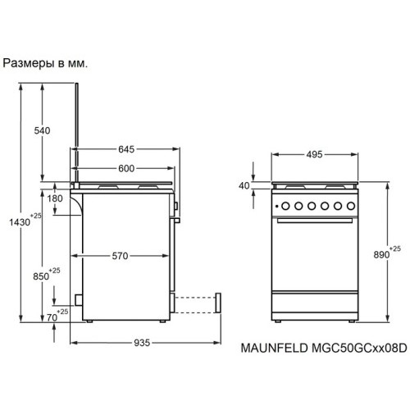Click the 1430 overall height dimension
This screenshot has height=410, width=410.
pyautogui.click(x=20, y=222)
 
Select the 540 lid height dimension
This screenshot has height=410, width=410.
pyautogui.click(x=42, y=130)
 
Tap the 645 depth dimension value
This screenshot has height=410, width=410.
pyautogui.click(x=126, y=149)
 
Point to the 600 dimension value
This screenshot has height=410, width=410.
pyautogui.click(x=126, y=168)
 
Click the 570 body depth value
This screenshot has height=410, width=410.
pyautogui.click(x=120, y=256)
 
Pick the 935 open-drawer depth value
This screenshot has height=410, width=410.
pyautogui.click(x=142, y=343)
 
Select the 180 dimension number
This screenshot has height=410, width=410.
pyautogui.click(x=55, y=198)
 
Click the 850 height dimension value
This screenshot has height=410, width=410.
pyautogui.click(x=41, y=276)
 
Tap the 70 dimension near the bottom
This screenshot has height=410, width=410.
pyautogui.click(x=52, y=317)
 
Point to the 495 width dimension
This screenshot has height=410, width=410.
pyautogui.click(x=314, y=154)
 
